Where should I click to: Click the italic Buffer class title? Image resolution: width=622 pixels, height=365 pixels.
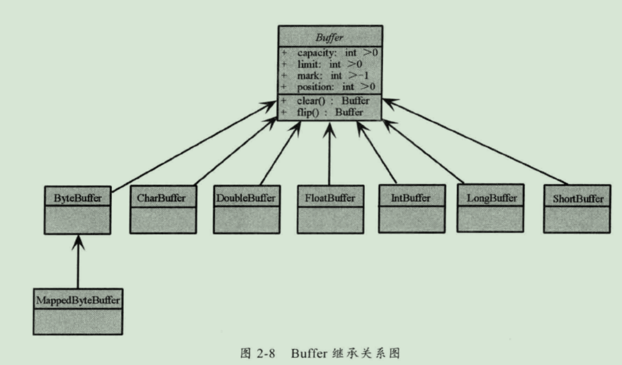tap(329, 37)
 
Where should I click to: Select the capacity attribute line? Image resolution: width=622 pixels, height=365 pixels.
tap(330, 53)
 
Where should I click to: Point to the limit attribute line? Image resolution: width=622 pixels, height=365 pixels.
tap(322, 64)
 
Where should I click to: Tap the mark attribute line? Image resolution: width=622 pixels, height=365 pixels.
tap(325, 76)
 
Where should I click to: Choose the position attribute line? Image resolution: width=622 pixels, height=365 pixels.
tap(328, 87)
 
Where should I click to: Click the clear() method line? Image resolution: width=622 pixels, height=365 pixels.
tap(326, 100)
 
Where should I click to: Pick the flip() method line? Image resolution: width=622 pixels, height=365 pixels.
tap(322, 112)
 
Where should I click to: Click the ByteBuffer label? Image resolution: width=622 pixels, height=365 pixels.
tap(78, 198)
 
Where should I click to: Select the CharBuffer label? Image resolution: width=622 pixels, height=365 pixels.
tap(161, 198)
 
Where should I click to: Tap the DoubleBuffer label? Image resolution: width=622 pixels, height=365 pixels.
tap(246, 198)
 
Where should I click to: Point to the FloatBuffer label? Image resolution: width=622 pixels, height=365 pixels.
tap(330, 198)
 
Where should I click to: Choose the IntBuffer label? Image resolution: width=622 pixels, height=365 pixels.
tap(411, 198)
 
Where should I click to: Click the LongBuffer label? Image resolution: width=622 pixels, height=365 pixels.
tap(492, 198)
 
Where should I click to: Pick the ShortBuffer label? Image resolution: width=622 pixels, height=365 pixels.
tap(578, 199)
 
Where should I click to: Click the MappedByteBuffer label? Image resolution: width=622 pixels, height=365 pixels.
tap(78, 300)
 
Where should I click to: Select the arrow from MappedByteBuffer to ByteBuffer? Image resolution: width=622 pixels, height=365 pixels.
tap(78, 262)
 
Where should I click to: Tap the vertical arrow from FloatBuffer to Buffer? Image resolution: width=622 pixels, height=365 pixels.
tap(329, 154)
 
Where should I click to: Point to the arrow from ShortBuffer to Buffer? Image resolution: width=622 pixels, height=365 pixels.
tap(475, 141)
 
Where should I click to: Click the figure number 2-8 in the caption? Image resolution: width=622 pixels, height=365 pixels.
tap(266, 353)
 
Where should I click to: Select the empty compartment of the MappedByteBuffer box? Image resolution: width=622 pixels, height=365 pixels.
tap(78, 322)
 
